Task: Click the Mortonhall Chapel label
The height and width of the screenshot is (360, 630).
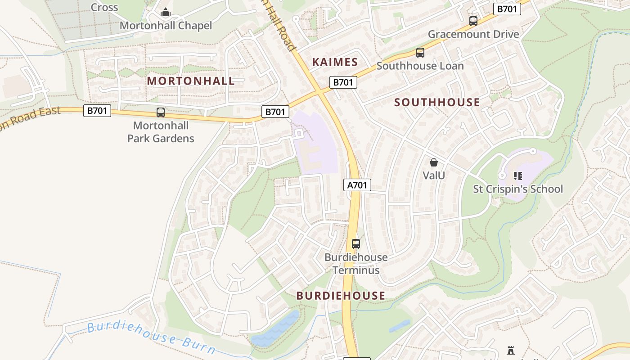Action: (166, 26)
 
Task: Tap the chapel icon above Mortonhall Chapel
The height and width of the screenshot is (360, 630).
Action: (166, 12)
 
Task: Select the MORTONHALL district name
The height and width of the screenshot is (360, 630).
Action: (191, 81)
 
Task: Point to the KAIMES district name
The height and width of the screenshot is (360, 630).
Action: (335, 62)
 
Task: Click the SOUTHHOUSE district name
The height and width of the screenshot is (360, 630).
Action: (437, 103)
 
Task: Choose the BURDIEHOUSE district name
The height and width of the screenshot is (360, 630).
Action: (341, 296)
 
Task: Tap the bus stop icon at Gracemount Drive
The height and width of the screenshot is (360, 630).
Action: (473, 21)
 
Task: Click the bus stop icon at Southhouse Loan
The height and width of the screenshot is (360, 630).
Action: (420, 53)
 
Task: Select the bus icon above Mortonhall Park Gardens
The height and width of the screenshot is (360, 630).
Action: (161, 112)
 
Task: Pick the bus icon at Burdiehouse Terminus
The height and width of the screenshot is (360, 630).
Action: (356, 244)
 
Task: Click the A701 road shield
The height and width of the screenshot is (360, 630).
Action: (357, 185)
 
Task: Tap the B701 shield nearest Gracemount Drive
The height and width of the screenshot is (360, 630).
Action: (507, 9)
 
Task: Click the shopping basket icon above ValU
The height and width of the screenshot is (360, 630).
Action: (434, 162)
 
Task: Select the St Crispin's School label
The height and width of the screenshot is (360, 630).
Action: (517, 189)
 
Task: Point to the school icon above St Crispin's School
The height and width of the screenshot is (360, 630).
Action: (517, 175)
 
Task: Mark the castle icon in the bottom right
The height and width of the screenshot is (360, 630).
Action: (510, 350)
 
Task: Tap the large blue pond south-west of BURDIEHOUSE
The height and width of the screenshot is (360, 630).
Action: (274, 328)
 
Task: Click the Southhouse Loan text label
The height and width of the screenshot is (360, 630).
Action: (420, 66)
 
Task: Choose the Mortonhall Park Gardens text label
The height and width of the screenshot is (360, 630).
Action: (161, 132)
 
